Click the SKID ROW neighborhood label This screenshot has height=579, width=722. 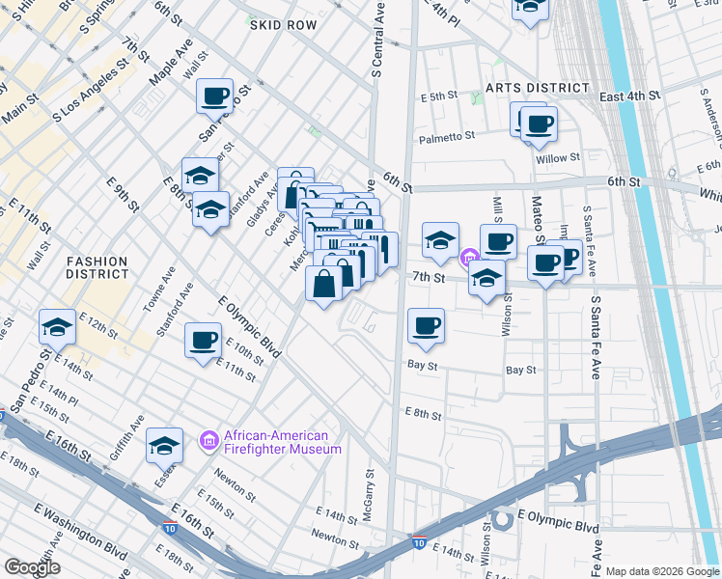pyautogui.click(x=283, y=25)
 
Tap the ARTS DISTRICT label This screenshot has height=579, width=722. pyautogui.click(x=538, y=88)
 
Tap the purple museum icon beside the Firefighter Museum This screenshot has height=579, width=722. pyautogui.click(x=208, y=442)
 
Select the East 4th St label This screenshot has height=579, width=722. pyautogui.click(x=628, y=96)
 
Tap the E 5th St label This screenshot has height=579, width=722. pyautogui.click(x=437, y=96)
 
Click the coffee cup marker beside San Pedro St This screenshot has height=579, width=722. pyautogui.click(x=214, y=96)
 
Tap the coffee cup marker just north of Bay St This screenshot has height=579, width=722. pyautogui.click(x=426, y=325)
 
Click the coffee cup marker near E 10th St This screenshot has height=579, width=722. pyautogui.click(x=203, y=341)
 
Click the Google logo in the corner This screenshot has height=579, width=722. pyautogui.click(x=32, y=567)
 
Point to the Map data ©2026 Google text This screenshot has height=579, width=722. pyautogui.click(x=662, y=571)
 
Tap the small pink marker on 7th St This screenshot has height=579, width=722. pyautogui.click(x=470, y=257)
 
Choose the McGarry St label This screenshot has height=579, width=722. pyautogui.click(x=370, y=495)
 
